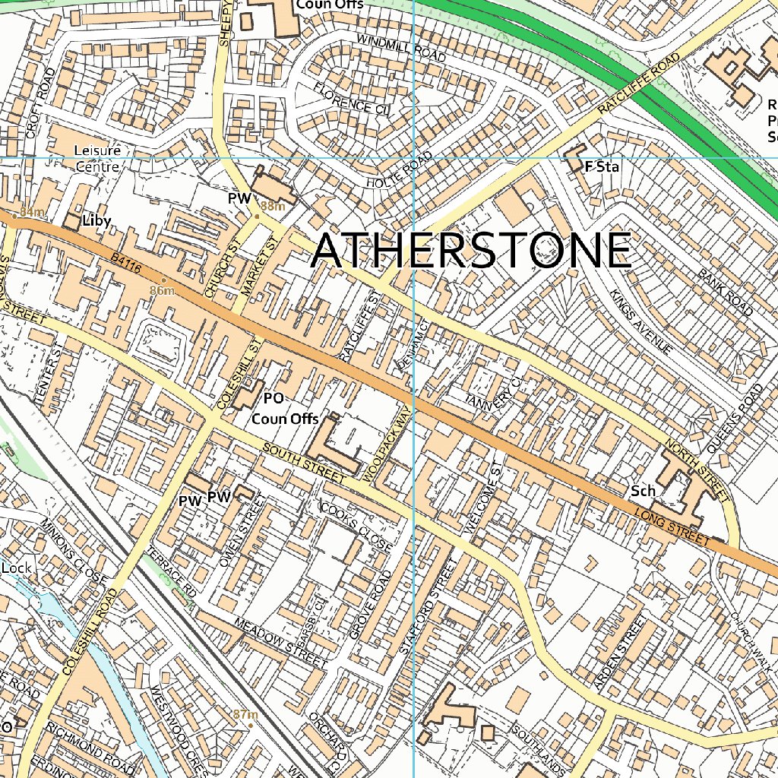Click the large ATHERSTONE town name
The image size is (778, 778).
pos(471,251)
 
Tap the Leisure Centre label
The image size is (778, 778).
pos(97,158)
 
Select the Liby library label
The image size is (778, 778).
pos(97,221)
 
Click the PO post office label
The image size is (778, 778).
pos(274,398)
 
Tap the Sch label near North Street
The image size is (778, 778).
pos(643,492)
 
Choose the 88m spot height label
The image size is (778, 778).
pos(272,207)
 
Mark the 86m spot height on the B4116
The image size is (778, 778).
pos(163,291)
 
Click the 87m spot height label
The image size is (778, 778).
pos(245,714)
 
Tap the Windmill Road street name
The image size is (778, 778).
pos(400,48)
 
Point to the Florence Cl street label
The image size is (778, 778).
pos(351,97)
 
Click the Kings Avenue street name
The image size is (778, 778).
pos(643,322)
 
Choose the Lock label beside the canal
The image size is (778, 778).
pos(15,568)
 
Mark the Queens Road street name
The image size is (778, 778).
pos(734,419)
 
